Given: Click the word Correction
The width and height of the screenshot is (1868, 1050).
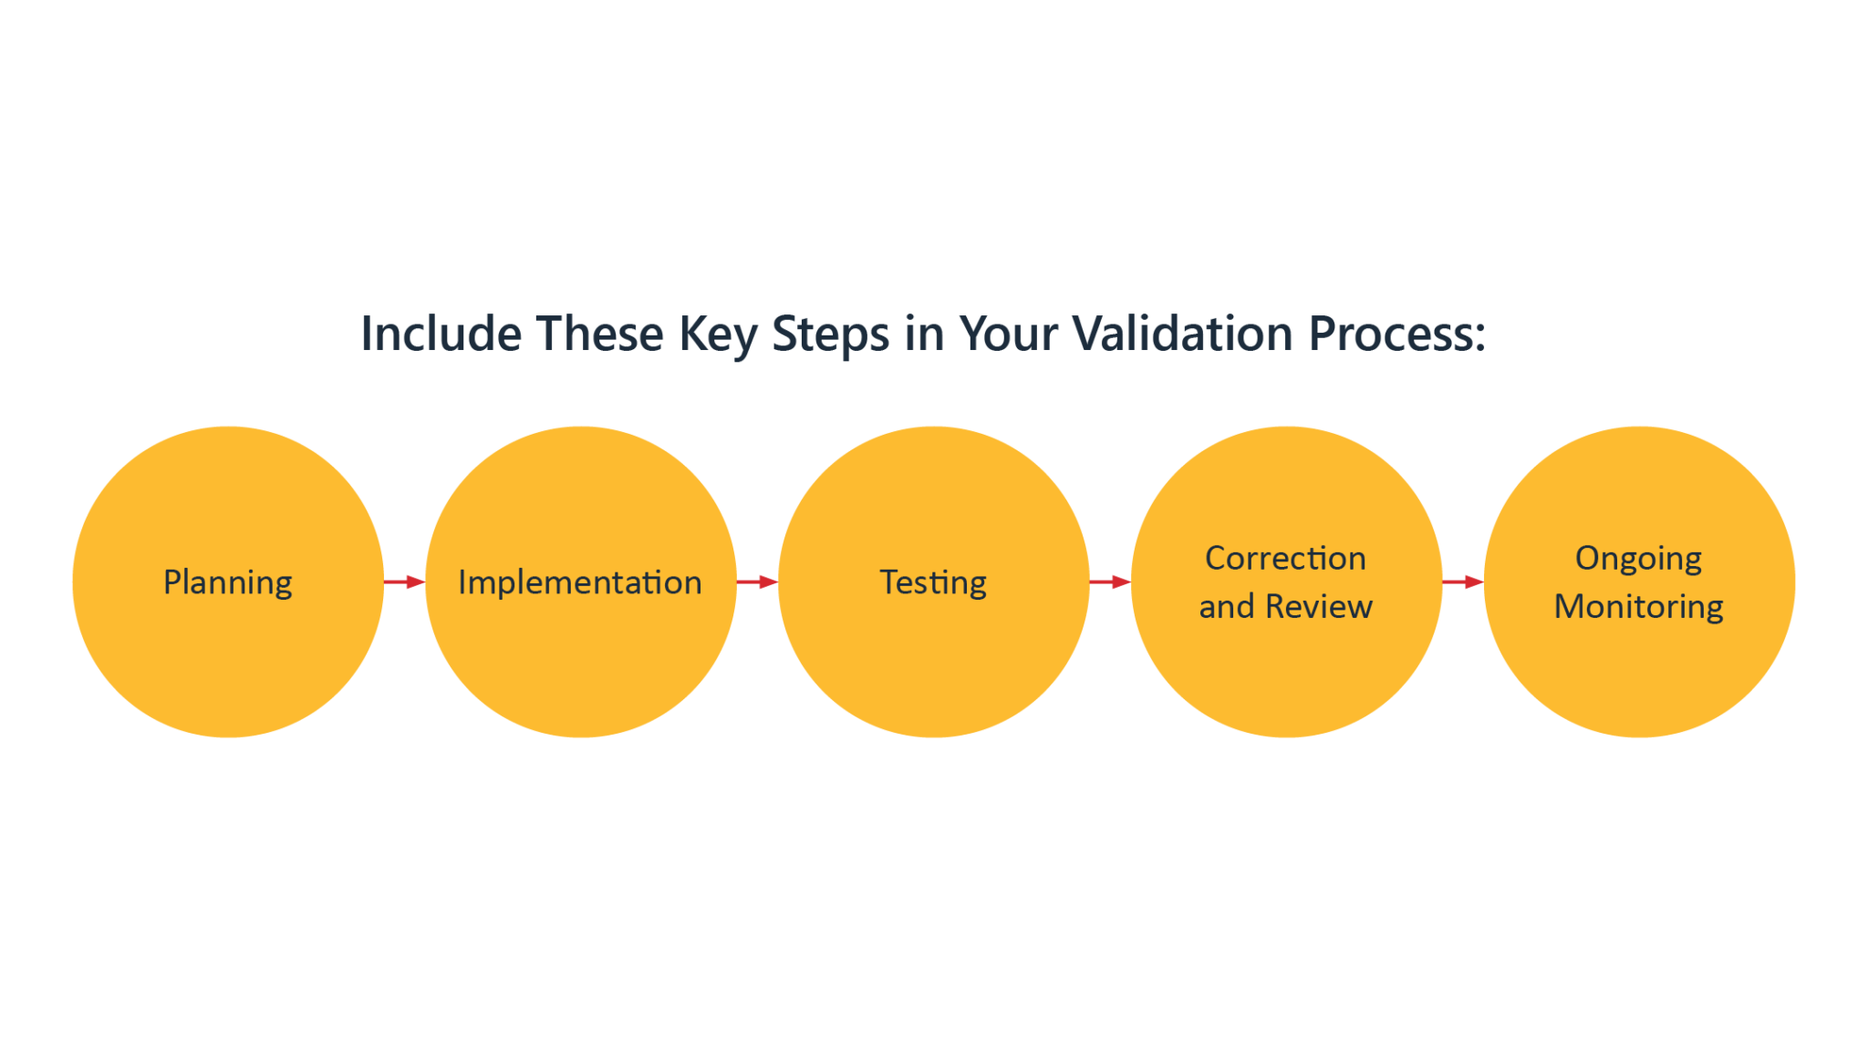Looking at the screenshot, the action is point(1286,558).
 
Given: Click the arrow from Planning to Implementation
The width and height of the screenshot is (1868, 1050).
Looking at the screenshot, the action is point(404,582).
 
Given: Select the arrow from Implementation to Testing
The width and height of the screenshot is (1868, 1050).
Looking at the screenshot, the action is point(757,582).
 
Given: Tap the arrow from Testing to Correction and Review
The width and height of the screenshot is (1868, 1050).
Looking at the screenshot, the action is point(1110,582).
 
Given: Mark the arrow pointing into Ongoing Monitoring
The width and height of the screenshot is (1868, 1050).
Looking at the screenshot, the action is point(1463,582).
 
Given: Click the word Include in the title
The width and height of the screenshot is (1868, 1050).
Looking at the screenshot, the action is point(441,334).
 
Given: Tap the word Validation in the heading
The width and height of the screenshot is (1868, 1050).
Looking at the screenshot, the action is point(1182,334).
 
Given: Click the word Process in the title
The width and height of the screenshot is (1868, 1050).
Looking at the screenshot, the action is point(1388,334).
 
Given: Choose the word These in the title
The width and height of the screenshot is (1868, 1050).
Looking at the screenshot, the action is point(600,334).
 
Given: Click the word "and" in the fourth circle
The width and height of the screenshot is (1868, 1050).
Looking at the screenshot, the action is point(1227,606).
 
